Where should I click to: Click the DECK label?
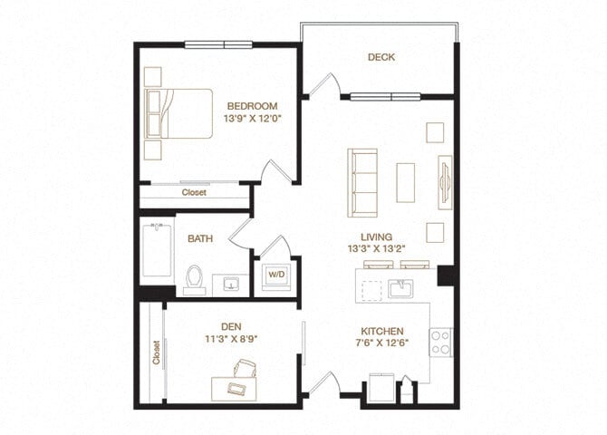click(x=381, y=57)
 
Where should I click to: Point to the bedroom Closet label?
click(x=194, y=192)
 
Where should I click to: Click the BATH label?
click(x=200, y=239)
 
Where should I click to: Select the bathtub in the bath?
click(x=157, y=251)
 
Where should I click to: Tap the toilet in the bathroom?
click(x=194, y=279)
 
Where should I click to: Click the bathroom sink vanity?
click(x=231, y=284)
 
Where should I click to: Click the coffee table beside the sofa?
click(x=406, y=181)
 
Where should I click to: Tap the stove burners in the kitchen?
click(x=439, y=342)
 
